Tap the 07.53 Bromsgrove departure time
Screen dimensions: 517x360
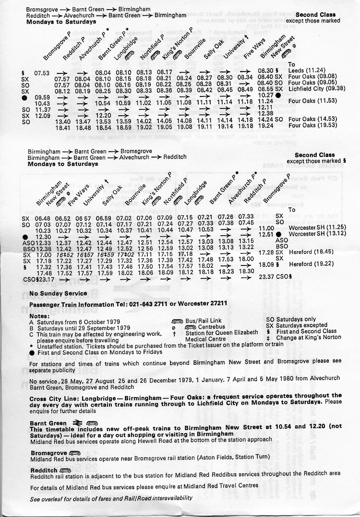click(x=42, y=72)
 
